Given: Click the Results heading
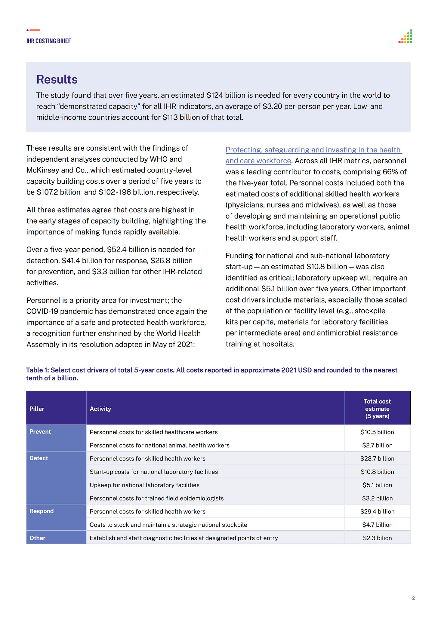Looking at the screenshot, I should pos(57,80).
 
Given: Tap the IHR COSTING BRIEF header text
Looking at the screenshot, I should pos(48,41).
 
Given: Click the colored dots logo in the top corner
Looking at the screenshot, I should pos(406,37).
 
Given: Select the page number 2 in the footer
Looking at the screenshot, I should pos(413,598).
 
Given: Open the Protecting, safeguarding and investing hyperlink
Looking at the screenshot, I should pos(313,150).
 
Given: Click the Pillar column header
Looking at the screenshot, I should pos(37,409).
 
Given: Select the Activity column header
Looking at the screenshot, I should pos(100,409).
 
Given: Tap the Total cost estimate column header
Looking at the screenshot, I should pos(377,409).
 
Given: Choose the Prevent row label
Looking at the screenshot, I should pos(40,432).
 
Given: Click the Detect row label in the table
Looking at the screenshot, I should pos(39,458).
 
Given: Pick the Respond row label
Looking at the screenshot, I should pos(42,511).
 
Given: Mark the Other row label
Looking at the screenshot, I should pos(37,538).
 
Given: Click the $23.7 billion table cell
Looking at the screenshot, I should pos(377,459).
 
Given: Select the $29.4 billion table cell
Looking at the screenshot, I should pos(377,512).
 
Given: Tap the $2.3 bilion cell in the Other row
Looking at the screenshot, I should pos(377,538).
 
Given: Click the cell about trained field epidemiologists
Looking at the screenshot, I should pos(157,498).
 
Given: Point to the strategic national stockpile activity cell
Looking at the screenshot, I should pos(168,525).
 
